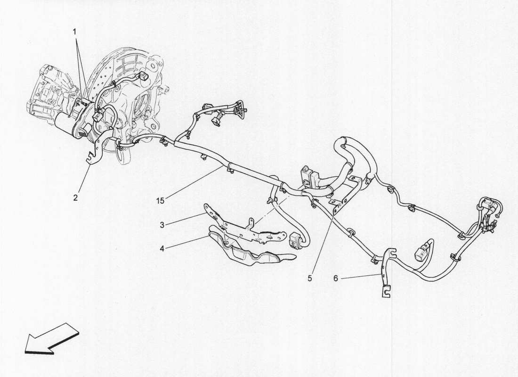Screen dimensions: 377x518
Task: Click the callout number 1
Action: (x=74, y=32)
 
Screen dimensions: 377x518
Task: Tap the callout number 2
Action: (x=75, y=197)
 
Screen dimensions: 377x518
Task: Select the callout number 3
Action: (x=162, y=225)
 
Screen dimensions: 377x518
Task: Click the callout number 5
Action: (x=309, y=279)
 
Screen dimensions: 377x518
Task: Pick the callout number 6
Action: (x=336, y=279)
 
